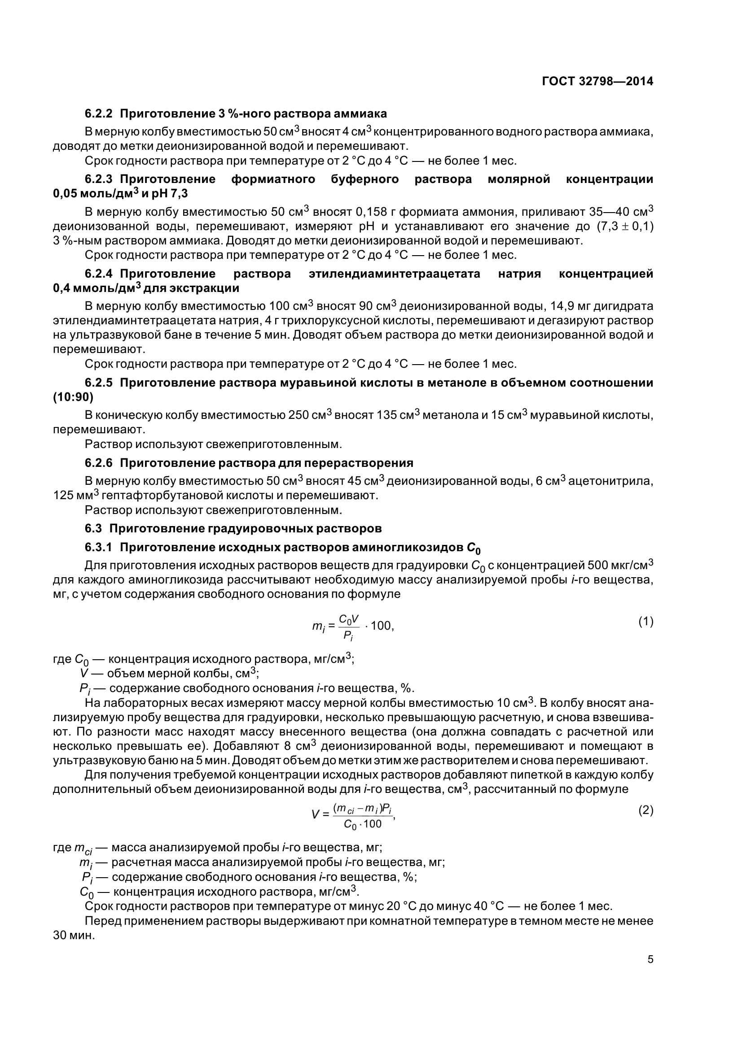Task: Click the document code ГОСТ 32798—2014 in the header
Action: (597, 81)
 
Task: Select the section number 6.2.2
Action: (98, 113)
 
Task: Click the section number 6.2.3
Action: (98, 179)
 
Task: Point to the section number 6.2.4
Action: (98, 274)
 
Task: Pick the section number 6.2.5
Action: (98, 383)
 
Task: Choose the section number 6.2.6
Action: (98, 463)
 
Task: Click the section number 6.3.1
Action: (98, 546)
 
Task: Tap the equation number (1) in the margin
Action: (645, 621)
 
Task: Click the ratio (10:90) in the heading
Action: (73, 397)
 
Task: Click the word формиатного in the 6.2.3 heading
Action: (273, 179)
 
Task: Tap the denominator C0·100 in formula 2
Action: (363, 824)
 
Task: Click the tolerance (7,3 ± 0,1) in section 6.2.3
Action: (624, 226)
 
